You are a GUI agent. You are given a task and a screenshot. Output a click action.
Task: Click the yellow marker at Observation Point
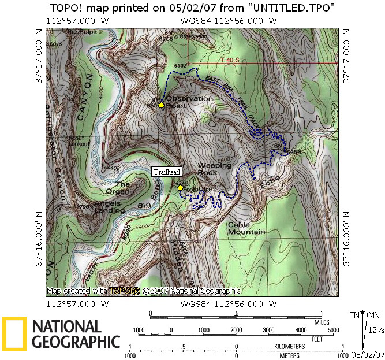[161, 105]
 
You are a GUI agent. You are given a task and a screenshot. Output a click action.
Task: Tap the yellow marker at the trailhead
[180, 188]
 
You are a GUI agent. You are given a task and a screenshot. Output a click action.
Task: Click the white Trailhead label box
[166, 172]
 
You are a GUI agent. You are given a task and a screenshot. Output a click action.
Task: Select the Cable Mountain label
[246, 228]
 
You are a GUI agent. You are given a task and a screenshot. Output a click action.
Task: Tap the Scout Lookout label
[80, 141]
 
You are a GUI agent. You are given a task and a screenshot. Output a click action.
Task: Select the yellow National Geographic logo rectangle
[14, 334]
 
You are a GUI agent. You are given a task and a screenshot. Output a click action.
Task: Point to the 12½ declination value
[377, 330]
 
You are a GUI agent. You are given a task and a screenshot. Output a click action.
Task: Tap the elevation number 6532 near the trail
[180, 66]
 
